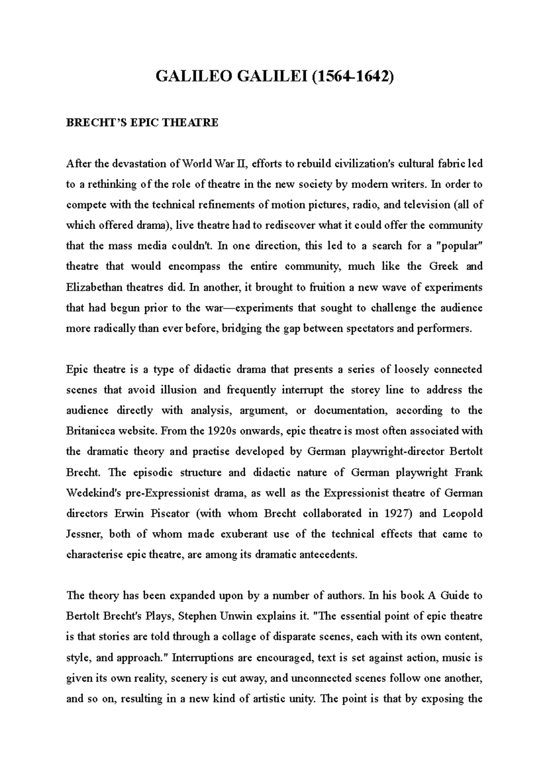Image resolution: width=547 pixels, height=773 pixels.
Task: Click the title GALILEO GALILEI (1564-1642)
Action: [x=274, y=76]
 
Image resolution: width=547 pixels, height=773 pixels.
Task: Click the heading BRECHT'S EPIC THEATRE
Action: [x=142, y=122]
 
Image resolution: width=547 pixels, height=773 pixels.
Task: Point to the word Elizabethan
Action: [x=94, y=287]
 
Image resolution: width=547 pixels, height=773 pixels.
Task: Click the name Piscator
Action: [x=170, y=514]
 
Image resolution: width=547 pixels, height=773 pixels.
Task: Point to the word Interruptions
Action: [x=204, y=657]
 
